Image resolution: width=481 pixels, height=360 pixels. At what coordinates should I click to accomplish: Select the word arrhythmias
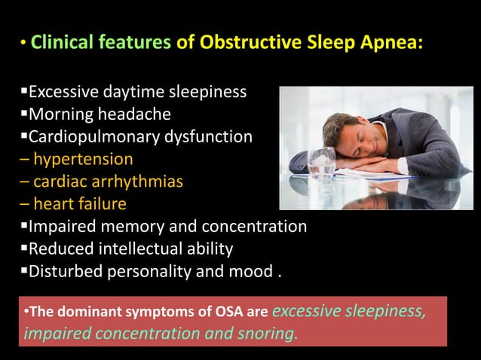tap(138, 182)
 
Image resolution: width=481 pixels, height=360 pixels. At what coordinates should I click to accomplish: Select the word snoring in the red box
tap(266, 333)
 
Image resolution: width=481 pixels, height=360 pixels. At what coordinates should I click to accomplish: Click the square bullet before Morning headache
tap(23, 114)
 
